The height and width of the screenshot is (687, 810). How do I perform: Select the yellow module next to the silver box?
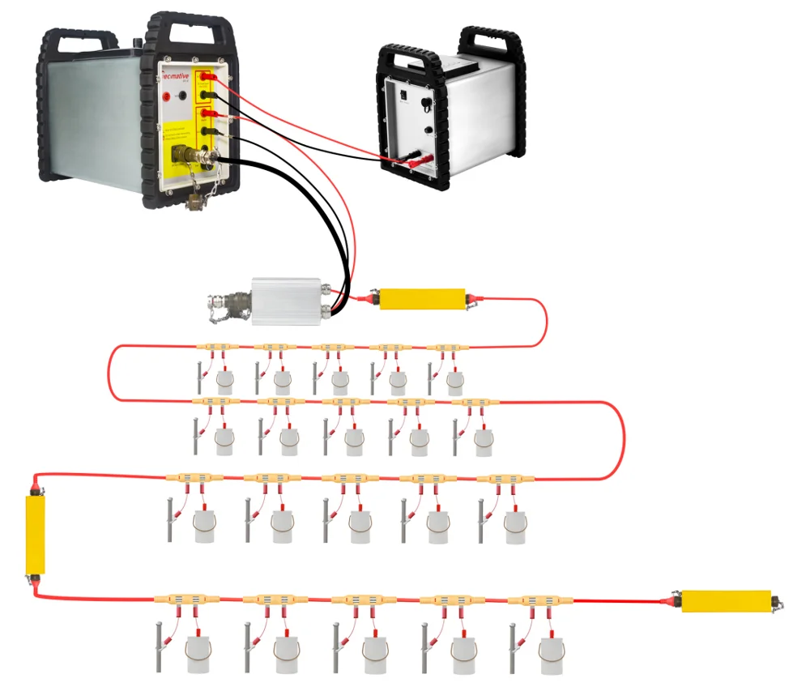pyautogui.click(x=422, y=299)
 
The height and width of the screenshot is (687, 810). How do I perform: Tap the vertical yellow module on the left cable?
pyautogui.click(x=35, y=533)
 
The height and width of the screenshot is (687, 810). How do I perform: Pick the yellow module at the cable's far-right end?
pyautogui.click(x=726, y=600)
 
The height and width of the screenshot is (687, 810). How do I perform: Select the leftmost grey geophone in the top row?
pyautogui.click(x=224, y=379)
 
